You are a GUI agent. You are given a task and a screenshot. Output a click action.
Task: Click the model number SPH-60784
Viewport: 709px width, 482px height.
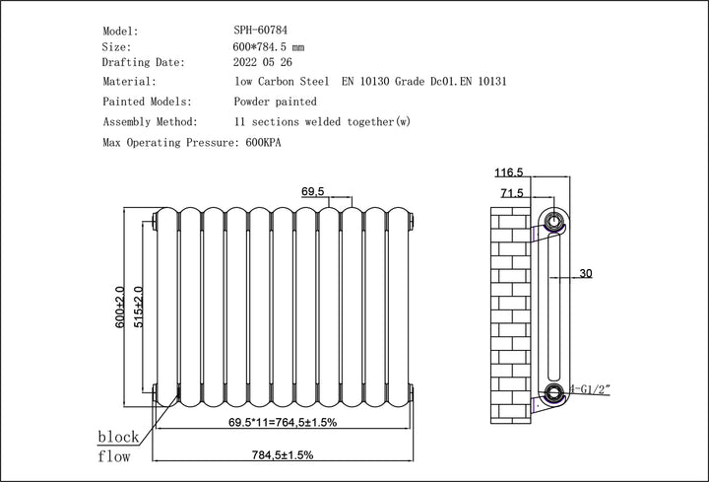click(x=262, y=31)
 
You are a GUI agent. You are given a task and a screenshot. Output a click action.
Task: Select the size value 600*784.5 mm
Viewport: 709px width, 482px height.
click(x=270, y=46)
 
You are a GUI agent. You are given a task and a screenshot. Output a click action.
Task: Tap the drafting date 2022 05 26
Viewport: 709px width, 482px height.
click(x=264, y=62)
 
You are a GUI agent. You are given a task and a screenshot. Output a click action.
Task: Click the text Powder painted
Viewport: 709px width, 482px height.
click(x=275, y=102)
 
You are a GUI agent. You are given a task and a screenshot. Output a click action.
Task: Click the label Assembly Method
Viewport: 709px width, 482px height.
click(x=149, y=122)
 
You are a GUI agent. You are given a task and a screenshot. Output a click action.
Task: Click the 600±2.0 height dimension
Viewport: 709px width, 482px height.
click(x=119, y=307)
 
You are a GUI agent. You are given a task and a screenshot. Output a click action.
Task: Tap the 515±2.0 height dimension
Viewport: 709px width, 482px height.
click(x=138, y=307)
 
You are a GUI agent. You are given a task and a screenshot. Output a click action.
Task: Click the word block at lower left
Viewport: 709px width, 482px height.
click(x=117, y=437)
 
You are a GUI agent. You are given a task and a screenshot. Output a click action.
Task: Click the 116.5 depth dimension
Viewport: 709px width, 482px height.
click(x=509, y=173)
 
